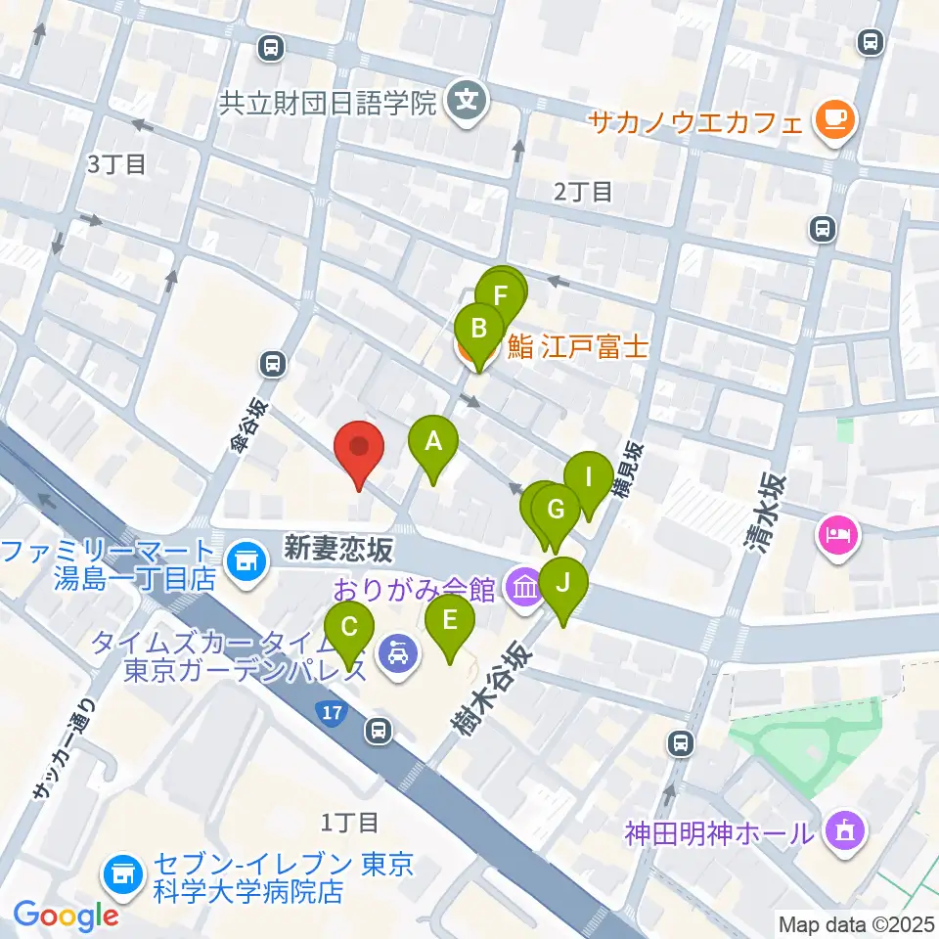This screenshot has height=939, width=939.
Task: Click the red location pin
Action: (x=359, y=450)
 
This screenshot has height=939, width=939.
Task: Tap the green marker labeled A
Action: (x=433, y=444)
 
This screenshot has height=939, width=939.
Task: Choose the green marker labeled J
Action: (x=562, y=585)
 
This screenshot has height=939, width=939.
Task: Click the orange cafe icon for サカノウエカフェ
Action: (x=834, y=121)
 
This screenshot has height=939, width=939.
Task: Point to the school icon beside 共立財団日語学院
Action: (x=468, y=99)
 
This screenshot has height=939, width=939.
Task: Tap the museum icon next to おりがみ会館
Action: (x=525, y=590)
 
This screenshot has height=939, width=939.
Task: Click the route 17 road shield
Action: (x=334, y=712)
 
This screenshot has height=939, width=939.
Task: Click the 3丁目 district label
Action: (x=116, y=163)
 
